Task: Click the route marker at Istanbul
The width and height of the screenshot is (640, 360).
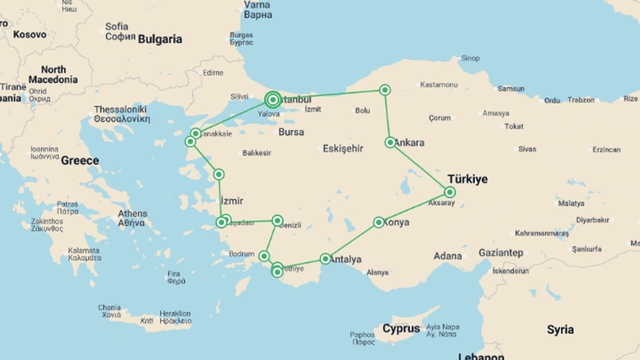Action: point(273,99)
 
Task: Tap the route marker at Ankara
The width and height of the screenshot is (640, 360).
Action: point(390,142)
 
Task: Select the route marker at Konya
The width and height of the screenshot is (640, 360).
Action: point(379,222)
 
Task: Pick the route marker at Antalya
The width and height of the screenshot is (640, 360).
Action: point(325,259)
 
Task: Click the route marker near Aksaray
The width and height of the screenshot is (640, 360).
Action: point(450,192)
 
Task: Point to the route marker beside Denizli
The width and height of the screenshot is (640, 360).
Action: point(277,220)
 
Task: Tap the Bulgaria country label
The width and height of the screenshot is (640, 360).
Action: point(160,39)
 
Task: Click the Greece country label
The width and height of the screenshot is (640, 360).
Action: point(80,160)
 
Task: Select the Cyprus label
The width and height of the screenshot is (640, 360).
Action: point(401,328)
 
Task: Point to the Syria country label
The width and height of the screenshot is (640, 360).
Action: point(560,330)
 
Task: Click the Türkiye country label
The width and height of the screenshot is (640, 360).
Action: point(467,179)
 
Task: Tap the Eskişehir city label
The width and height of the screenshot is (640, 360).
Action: point(343,148)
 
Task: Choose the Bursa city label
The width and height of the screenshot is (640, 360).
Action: point(291,132)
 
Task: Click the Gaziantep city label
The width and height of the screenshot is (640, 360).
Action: point(501,253)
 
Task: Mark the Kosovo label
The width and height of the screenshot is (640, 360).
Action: point(30,34)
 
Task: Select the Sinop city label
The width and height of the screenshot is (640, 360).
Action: point(470,58)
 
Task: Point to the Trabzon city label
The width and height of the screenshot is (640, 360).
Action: point(581,100)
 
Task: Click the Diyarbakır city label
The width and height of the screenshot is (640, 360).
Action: point(592,220)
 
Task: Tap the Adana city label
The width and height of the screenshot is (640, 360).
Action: point(447,256)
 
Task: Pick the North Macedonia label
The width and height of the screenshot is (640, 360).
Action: point(53,74)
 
